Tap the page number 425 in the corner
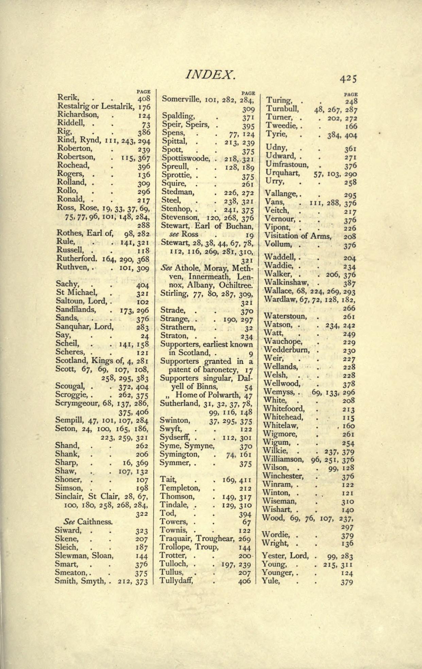coord(348,79)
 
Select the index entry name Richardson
coord(78,115)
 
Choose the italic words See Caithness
coord(88,522)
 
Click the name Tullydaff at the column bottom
coord(177,580)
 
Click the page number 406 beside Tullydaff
coord(244,581)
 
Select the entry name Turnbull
coord(282,109)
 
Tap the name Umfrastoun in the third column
coord(287,165)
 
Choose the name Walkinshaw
coord(286,282)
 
